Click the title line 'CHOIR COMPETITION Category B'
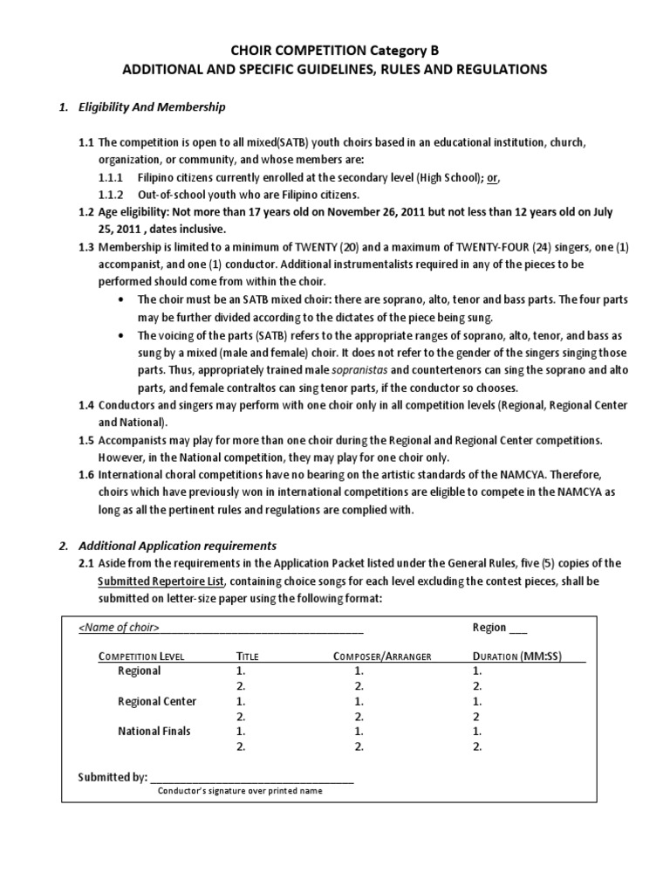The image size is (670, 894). click(x=335, y=52)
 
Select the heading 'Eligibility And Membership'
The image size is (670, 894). click(x=153, y=107)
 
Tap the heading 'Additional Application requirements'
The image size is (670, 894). click(x=178, y=546)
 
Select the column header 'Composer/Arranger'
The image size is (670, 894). click(x=382, y=656)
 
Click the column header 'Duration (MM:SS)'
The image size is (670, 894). click(x=529, y=656)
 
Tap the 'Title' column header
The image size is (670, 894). click(x=249, y=656)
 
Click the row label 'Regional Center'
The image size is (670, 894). click(x=157, y=701)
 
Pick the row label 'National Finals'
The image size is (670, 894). click(x=154, y=731)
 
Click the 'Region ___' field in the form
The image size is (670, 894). click(x=499, y=627)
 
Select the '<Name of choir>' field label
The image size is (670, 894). click(x=117, y=628)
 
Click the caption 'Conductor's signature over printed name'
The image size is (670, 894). click(x=240, y=791)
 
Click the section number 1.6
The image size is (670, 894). click(x=85, y=473)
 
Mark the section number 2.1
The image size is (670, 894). click(x=85, y=564)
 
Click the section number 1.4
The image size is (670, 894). click(x=85, y=404)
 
